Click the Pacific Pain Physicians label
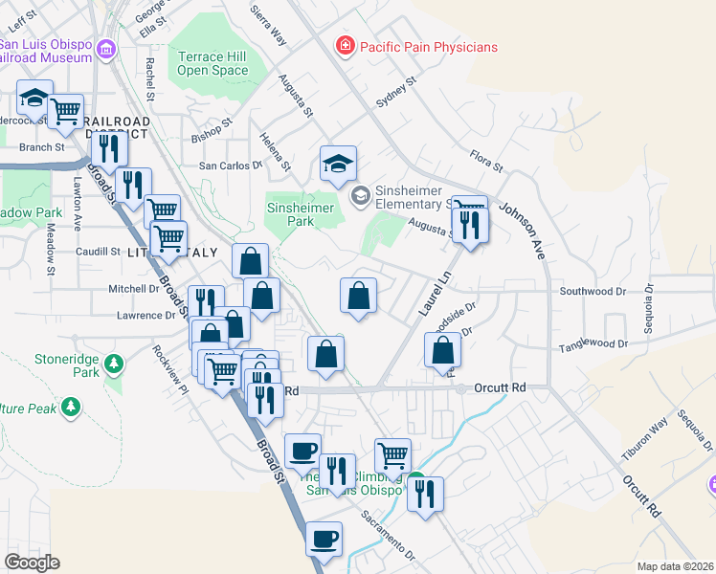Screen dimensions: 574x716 coord(429,46)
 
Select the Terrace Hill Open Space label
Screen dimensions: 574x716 coord(213,63)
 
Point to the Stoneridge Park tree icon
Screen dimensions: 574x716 coord(114,364)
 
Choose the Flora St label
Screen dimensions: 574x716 coord(486,160)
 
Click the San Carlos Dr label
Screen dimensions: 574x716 coord(230,165)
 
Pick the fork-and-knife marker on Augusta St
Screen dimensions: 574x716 coord(470,226)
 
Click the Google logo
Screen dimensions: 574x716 coord(33,562)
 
